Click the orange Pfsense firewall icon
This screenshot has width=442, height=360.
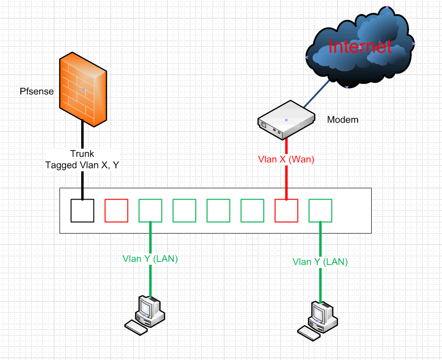click(x=83, y=90)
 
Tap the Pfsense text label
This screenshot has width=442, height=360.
click(x=37, y=91)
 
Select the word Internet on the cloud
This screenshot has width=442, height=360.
click(x=360, y=47)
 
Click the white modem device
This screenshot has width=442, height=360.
click(x=286, y=120)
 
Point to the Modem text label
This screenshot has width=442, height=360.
click(x=342, y=120)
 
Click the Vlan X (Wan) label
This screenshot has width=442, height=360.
click(x=286, y=159)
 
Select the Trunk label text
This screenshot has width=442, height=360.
click(x=82, y=154)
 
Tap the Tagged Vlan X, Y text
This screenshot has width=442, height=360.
click(x=82, y=165)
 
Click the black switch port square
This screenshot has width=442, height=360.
click(x=82, y=211)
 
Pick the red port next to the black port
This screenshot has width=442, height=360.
click(x=117, y=211)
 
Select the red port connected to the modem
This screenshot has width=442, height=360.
click(x=286, y=211)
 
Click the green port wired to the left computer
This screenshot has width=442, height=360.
click(x=150, y=211)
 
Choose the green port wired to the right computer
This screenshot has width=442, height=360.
click(x=321, y=211)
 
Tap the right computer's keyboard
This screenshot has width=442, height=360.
click(x=309, y=334)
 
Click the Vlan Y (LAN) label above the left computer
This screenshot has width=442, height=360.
click(x=150, y=259)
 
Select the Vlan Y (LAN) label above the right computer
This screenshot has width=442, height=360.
click(x=320, y=262)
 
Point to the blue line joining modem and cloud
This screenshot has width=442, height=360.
click(x=316, y=94)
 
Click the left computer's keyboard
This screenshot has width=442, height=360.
click(x=136, y=327)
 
